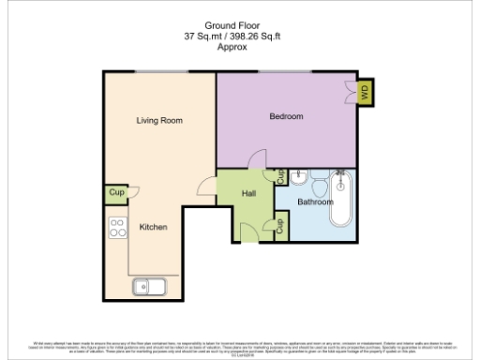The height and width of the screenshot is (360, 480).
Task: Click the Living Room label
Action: (x=158, y=120)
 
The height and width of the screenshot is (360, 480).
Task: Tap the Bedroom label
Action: (x=286, y=116)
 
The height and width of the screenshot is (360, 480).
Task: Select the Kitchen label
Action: (x=153, y=228)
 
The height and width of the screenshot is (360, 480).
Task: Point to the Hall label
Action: (x=248, y=193)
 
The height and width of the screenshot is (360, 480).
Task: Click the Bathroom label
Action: (x=315, y=202)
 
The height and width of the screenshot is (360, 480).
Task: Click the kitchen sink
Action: (x=149, y=287)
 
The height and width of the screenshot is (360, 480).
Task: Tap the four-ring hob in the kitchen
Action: (x=118, y=228)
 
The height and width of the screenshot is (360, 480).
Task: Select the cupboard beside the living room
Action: (x=116, y=193)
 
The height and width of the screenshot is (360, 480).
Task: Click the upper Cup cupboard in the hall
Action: (x=280, y=175)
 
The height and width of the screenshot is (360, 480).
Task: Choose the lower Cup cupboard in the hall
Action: (x=280, y=226)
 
